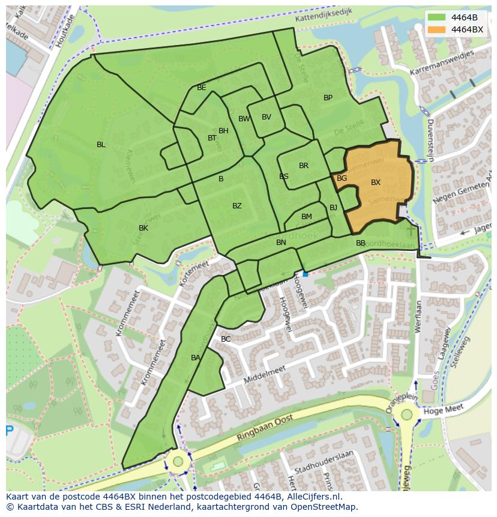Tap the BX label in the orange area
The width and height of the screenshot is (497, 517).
click(376, 183)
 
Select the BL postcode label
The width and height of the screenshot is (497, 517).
click(101, 145)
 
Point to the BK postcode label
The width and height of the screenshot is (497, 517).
click(143, 228)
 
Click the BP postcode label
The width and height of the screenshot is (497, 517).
click(328, 98)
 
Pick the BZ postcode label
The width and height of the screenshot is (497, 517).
click(237, 206)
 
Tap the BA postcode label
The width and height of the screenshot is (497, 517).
click(196, 358)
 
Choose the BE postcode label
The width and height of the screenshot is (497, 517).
click(202, 88)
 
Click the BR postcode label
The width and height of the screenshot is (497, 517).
click(304, 166)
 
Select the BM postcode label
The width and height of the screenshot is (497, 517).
click(307, 217)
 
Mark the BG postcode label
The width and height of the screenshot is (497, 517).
click(342, 178)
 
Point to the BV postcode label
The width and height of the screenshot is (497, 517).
click(267, 117)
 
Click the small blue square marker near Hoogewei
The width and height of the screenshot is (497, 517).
click(306, 274)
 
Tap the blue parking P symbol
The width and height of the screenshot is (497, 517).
click(9, 431)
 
